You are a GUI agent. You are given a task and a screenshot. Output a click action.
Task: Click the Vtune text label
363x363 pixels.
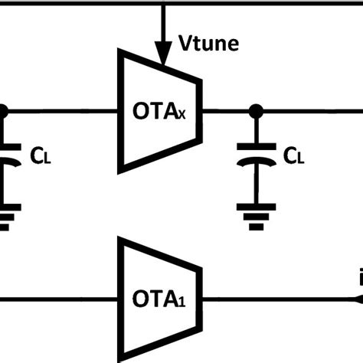pyautogui.click(x=208, y=44)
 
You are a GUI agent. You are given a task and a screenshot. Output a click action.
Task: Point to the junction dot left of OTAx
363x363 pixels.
pyautogui.click(x=2, y=112)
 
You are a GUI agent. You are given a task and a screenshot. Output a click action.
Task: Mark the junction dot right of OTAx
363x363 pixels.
pyautogui.click(x=256, y=112)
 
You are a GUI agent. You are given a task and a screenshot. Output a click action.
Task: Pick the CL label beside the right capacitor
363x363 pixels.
pyautogui.click(x=295, y=156)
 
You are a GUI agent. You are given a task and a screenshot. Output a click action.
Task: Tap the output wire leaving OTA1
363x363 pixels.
pyautogui.click(x=276, y=296)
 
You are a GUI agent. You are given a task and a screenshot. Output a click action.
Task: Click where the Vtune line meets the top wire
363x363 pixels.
pyautogui.click(x=162, y=3)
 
